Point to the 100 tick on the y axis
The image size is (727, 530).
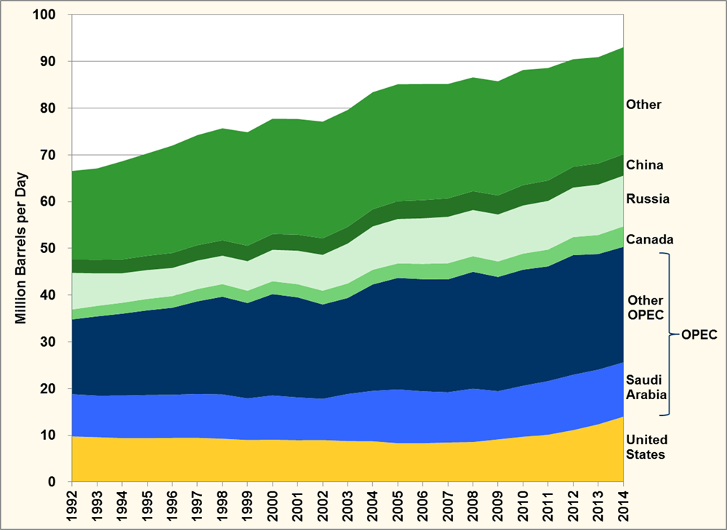coord(52,15)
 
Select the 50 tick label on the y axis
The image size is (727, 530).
coord(55,249)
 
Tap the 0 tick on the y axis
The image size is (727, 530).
coord(60,482)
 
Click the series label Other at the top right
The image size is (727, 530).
coord(643,105)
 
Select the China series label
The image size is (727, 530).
coord(644,165)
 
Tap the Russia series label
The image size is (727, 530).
coord(647,198)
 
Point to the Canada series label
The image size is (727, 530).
coord(649,239)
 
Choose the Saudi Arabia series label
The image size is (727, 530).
coord(643,389)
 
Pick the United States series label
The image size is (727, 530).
coord(646,447)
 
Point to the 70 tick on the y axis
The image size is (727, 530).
coord(55,156)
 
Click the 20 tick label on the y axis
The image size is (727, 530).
coord(55,389)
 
